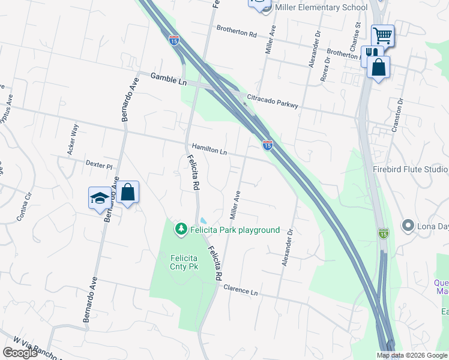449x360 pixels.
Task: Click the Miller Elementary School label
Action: (321, 8)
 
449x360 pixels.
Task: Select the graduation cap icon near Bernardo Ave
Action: (99, 197)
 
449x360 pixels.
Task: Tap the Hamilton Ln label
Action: (209, 149)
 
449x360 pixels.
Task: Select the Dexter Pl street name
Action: (99, 164)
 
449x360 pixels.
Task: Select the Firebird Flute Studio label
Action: (410, 169)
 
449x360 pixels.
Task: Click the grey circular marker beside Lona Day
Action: (409, 226)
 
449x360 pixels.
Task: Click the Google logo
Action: (20, 353)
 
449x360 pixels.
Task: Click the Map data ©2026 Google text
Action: (412, 355)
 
